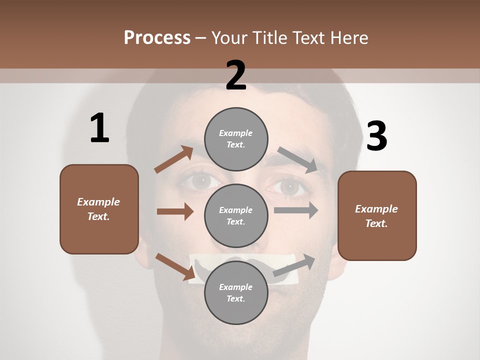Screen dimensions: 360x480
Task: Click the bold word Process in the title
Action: pyautogui.click(x=157, y=37)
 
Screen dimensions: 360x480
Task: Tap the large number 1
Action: pyautogui.click(x=99, y=128)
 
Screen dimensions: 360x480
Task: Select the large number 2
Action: pyautogui.click(x=236, y=75)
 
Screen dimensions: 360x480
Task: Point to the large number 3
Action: pyautogui.click(x=376, y=136)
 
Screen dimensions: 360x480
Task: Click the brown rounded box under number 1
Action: pyautogui.click(x=99, y=209)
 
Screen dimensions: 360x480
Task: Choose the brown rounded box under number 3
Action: pyautogui.click(x=377, y=216)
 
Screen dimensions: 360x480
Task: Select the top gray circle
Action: pyautogui.click(x=236, y=139)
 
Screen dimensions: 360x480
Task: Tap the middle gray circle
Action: pyautogui.click(x=236, y=215)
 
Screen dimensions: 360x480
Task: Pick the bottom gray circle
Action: pyautogui.click(x=236, y=292)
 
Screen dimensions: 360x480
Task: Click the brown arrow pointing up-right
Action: pyautogui.click(x=173, y=159)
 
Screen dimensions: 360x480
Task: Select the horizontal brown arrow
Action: pyautogui.click(x=175, y=211)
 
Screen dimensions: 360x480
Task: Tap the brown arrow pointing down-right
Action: pyautogui.click(x=175, y=266)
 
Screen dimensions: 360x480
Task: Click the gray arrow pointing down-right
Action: pyautogui.click(x=297, y=160)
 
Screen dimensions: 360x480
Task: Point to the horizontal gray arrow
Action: pyautogui.click(x=296, y=210)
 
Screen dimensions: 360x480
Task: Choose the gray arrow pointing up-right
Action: pyautogui.click(x=294, y=265)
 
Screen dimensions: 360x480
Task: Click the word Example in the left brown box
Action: pyautogui.click(x=98, y=202)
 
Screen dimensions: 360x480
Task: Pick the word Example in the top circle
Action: pyautogui.click(x=236, y=133)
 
